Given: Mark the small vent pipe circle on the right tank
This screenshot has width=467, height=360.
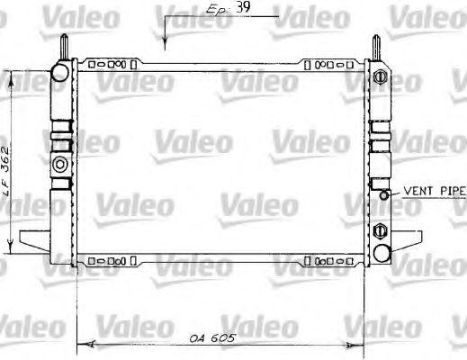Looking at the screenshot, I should point(385,193).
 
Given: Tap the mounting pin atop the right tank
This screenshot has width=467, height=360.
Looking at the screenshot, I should point(378,45).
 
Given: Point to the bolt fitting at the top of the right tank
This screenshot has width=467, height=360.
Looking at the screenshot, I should point(378,72).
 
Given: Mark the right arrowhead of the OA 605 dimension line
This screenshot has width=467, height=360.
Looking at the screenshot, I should point(361,342).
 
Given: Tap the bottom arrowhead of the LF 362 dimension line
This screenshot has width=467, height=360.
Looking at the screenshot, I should point(11,251).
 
